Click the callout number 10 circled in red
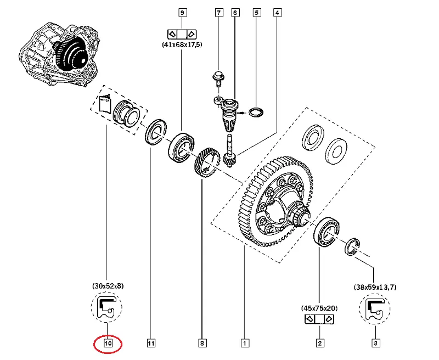pos(108,344)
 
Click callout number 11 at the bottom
pos(150,344)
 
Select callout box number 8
pos(202,344)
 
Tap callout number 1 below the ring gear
pos(243,344)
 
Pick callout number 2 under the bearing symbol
pos(319,344)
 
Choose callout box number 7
pos(218,12)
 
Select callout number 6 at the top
pos(235,12)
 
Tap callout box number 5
pos(256,12)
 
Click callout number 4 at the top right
pos(277,12)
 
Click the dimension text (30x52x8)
pos(108,286)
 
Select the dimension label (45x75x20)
pos(319,308)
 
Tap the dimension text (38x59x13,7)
pos(375,286)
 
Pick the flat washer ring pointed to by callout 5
pos(256,113)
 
